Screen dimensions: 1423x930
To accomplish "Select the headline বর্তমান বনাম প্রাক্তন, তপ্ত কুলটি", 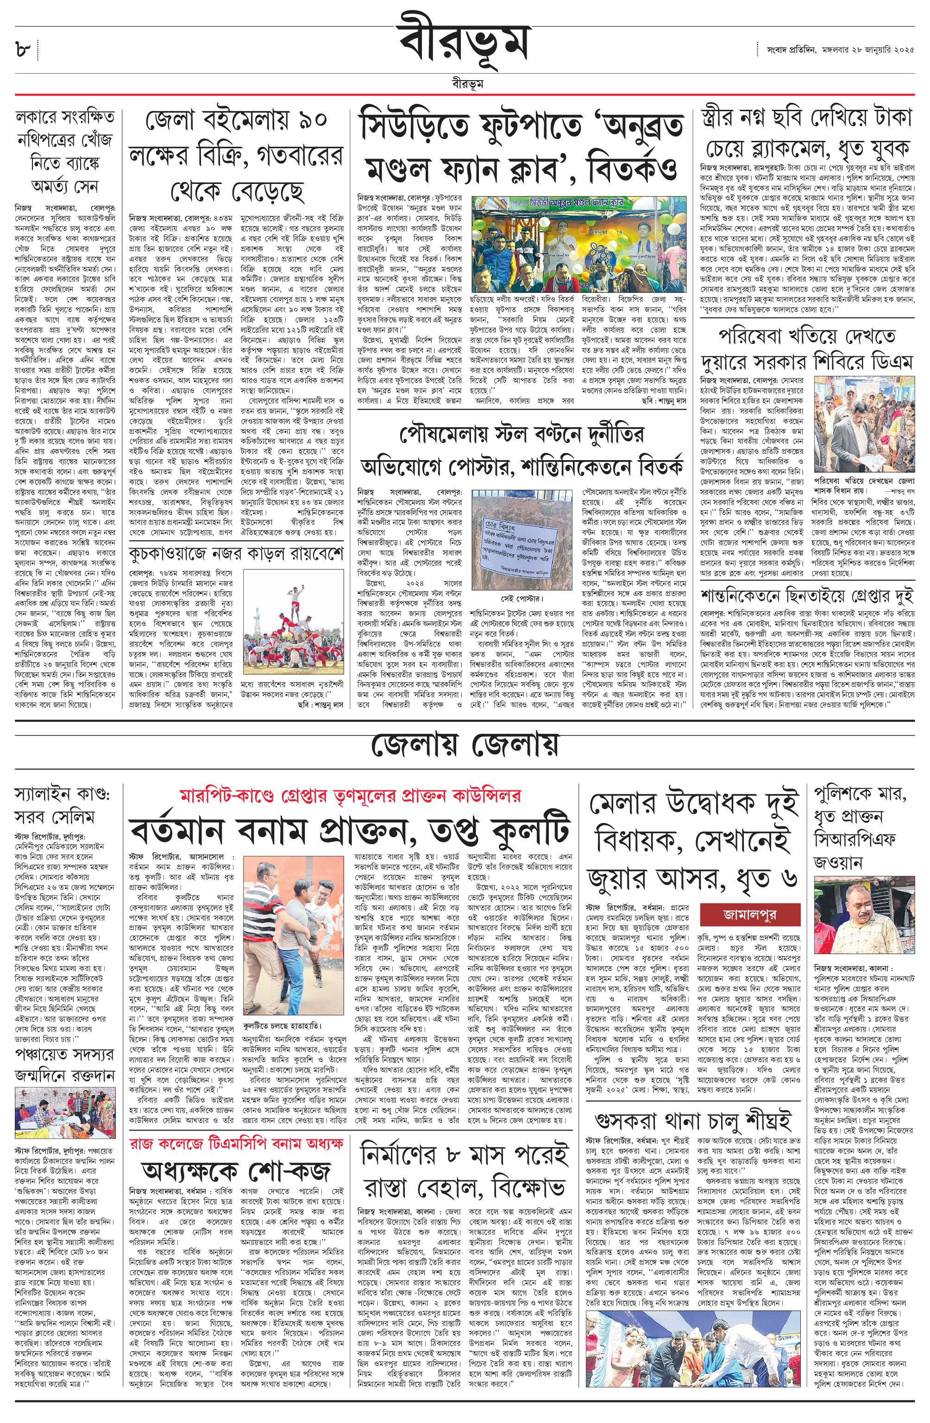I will coord(352,832).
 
